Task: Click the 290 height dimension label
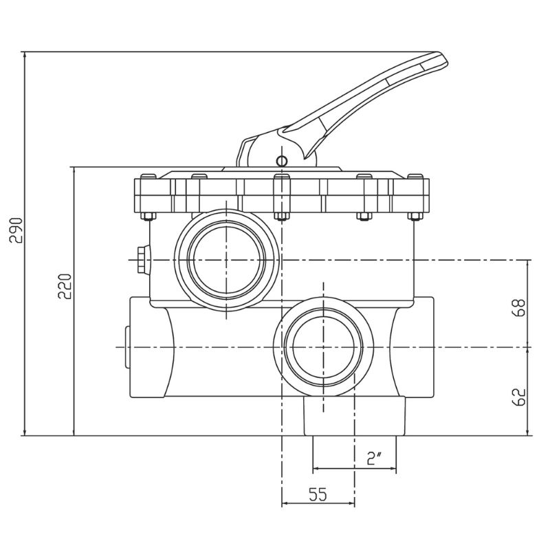16,230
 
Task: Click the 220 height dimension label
65,286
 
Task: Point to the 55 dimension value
318,494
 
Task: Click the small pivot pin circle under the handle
282,161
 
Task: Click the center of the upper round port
226,260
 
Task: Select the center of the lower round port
323,347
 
